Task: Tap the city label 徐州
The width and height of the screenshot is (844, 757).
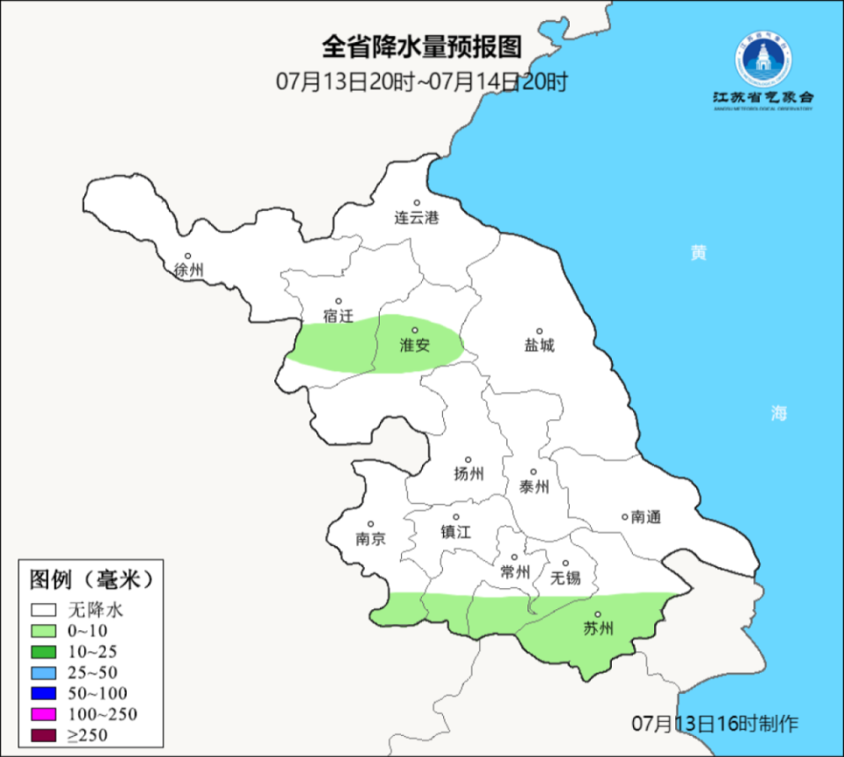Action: click(x=188, y=271)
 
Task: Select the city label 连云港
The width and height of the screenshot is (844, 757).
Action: click(x=416, y=218)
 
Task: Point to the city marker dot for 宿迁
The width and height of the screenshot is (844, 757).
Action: click(x=338, y=301)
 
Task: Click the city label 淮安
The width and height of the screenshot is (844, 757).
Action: click(x=415, y=346)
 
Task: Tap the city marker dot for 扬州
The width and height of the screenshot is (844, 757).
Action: click(x=469, y=459)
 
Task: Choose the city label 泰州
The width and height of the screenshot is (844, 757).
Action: click(x=534, y=487)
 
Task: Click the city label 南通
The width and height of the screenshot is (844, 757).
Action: click(x=645, y=518)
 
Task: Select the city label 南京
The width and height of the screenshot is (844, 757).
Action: click(x=371, y=539)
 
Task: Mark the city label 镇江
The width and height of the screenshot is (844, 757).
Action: click(x=456, y=532)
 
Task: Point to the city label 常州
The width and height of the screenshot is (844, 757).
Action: click(x=514, y=571)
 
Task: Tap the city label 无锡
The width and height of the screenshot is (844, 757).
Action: click(x=565, y=578)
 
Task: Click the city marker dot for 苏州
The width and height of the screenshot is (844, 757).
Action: click(x=597, y=615)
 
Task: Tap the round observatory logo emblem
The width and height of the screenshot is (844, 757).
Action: click(x=763, y=59)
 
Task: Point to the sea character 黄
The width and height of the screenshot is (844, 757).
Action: click(x=698, y=253)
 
